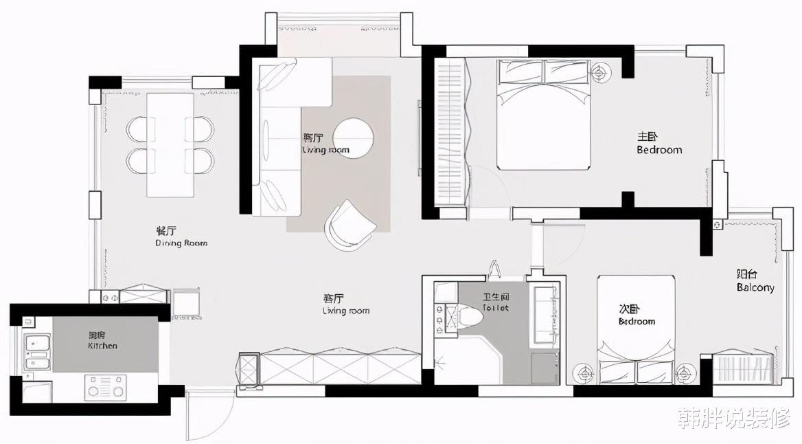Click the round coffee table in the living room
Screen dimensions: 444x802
[x=353, y=138]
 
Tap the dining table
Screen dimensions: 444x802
[x=170, y=144]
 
